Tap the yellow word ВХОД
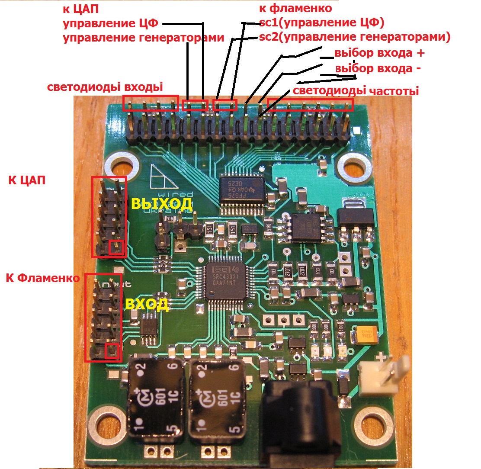[147, 304]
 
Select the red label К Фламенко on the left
[43, 278]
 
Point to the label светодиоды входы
[105, 87]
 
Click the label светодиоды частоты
[356, 91]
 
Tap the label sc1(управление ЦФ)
[321, 22]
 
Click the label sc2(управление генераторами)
[355, 37]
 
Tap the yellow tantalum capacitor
[366, 334]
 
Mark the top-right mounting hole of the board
[354, 167]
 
